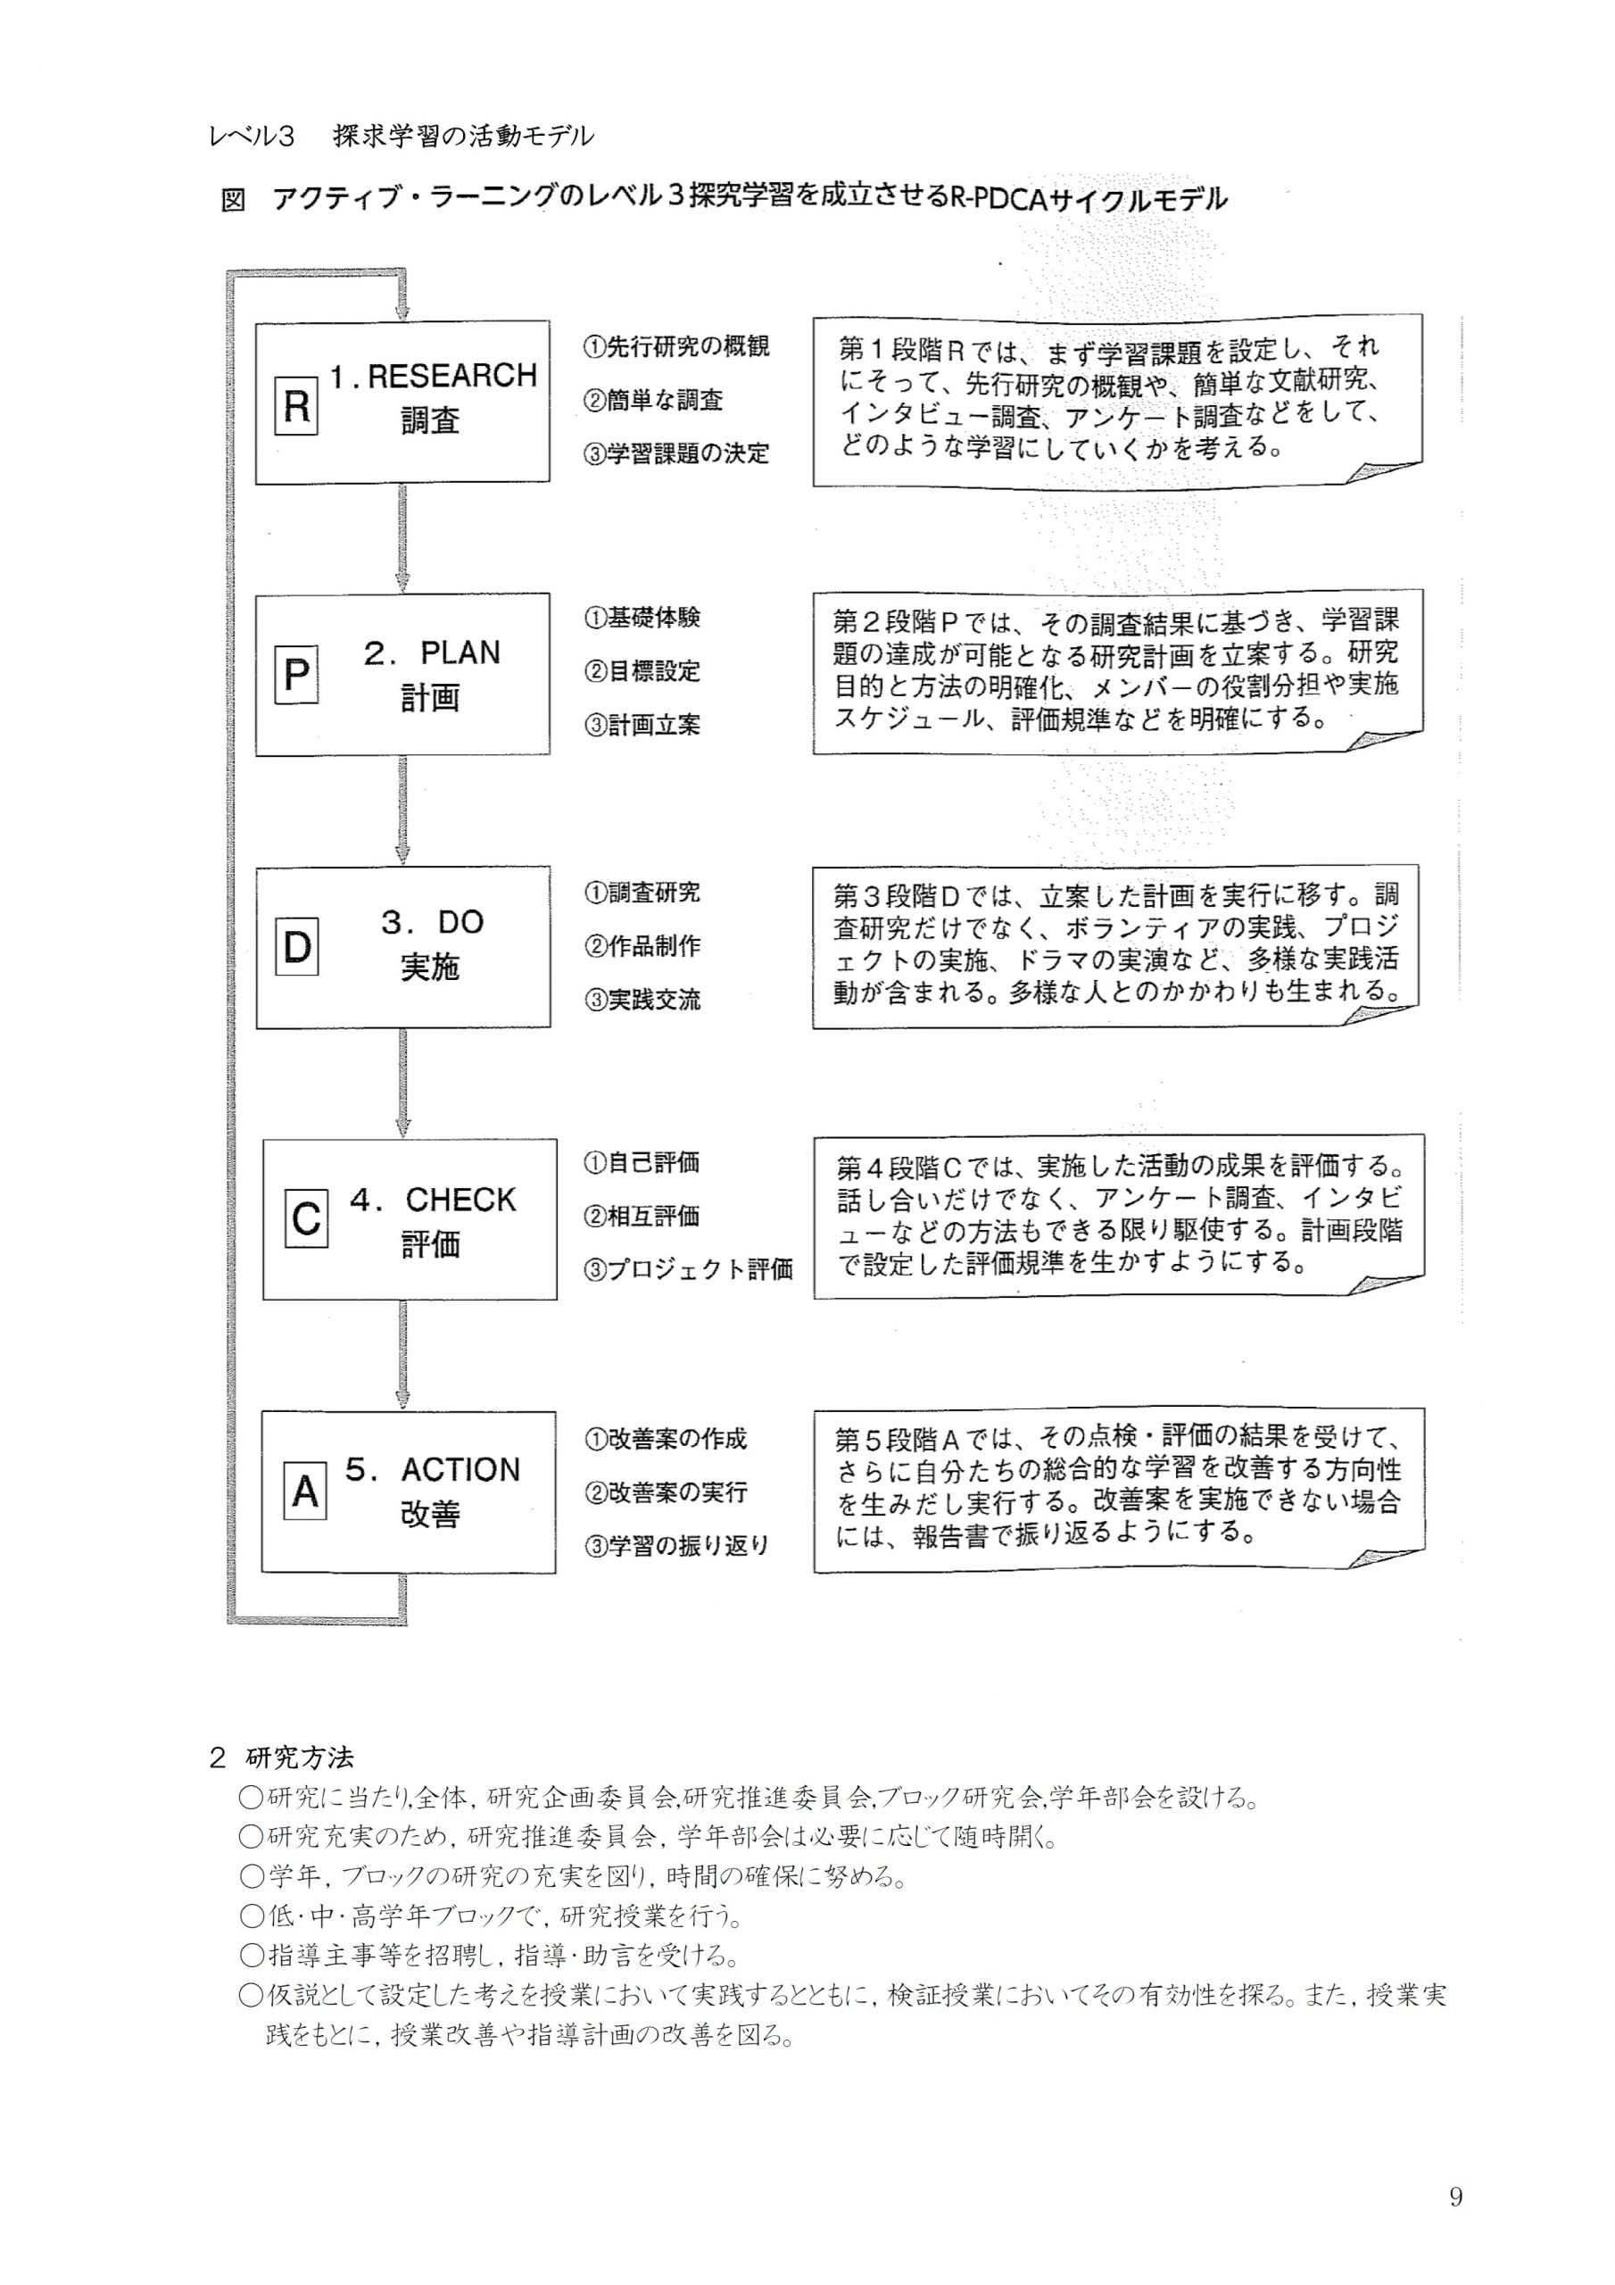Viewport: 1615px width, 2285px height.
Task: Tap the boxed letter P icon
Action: [295, 676]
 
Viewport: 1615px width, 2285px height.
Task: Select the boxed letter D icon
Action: [296, 946]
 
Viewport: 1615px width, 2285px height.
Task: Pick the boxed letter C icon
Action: [305, 1218]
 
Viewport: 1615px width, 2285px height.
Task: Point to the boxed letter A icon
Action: [304, 1491]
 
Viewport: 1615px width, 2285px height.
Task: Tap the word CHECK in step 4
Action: [460, 1200]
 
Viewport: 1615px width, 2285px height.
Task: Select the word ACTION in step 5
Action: [460, 1470]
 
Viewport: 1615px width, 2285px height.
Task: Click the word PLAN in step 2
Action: [460, 652]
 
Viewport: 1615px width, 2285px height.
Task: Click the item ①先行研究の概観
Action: [676, 346]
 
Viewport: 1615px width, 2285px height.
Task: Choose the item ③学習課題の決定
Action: [676, 453]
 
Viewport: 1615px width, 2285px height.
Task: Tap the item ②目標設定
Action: [642, 672]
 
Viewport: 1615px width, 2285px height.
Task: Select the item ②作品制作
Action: [642, 945]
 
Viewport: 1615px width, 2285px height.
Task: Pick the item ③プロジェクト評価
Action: [689, 1270]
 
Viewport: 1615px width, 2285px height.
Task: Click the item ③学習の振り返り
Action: [676, 1546]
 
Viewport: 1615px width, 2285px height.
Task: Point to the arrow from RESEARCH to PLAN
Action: [402, 538]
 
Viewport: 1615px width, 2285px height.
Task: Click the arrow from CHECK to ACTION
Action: [402, 1354]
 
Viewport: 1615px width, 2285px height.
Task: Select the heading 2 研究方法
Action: [282, 1758]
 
